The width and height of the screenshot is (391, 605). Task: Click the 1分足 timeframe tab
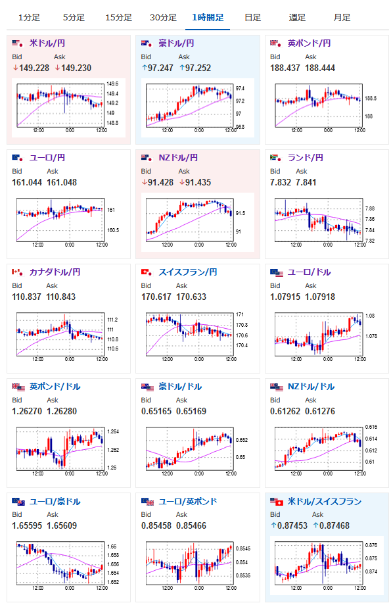pos(30,17)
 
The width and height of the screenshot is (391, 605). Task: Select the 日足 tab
pos(252,17)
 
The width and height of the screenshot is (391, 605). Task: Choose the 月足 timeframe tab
pos(342,17)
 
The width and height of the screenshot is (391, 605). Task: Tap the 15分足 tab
pos(118,17)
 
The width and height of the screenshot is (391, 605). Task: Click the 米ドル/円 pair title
pos(47,43)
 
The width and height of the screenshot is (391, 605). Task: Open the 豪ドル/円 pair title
pos(176,43)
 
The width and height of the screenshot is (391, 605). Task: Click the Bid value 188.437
pos(285,68)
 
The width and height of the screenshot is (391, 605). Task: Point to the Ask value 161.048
pos(62,182)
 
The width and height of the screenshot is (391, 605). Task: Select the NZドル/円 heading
pos(178,157)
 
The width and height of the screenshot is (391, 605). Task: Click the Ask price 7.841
pos(306,182)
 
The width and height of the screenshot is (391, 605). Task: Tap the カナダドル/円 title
pos(55,272)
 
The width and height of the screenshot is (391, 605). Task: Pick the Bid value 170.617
pos(156,297)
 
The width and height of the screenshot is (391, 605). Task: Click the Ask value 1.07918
pos(320,297)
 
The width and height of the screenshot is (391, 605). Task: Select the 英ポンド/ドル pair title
pos(55,386)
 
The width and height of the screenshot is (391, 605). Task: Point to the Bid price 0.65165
pos(156,411)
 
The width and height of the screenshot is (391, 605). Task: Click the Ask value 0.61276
pos(320,411)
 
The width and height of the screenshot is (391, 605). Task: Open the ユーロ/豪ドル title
pos(55,501)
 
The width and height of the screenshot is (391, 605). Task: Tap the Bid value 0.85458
pos(156,525)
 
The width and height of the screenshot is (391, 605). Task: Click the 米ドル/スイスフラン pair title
pos(324,501)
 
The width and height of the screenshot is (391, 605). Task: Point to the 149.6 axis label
pos(112,84)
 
